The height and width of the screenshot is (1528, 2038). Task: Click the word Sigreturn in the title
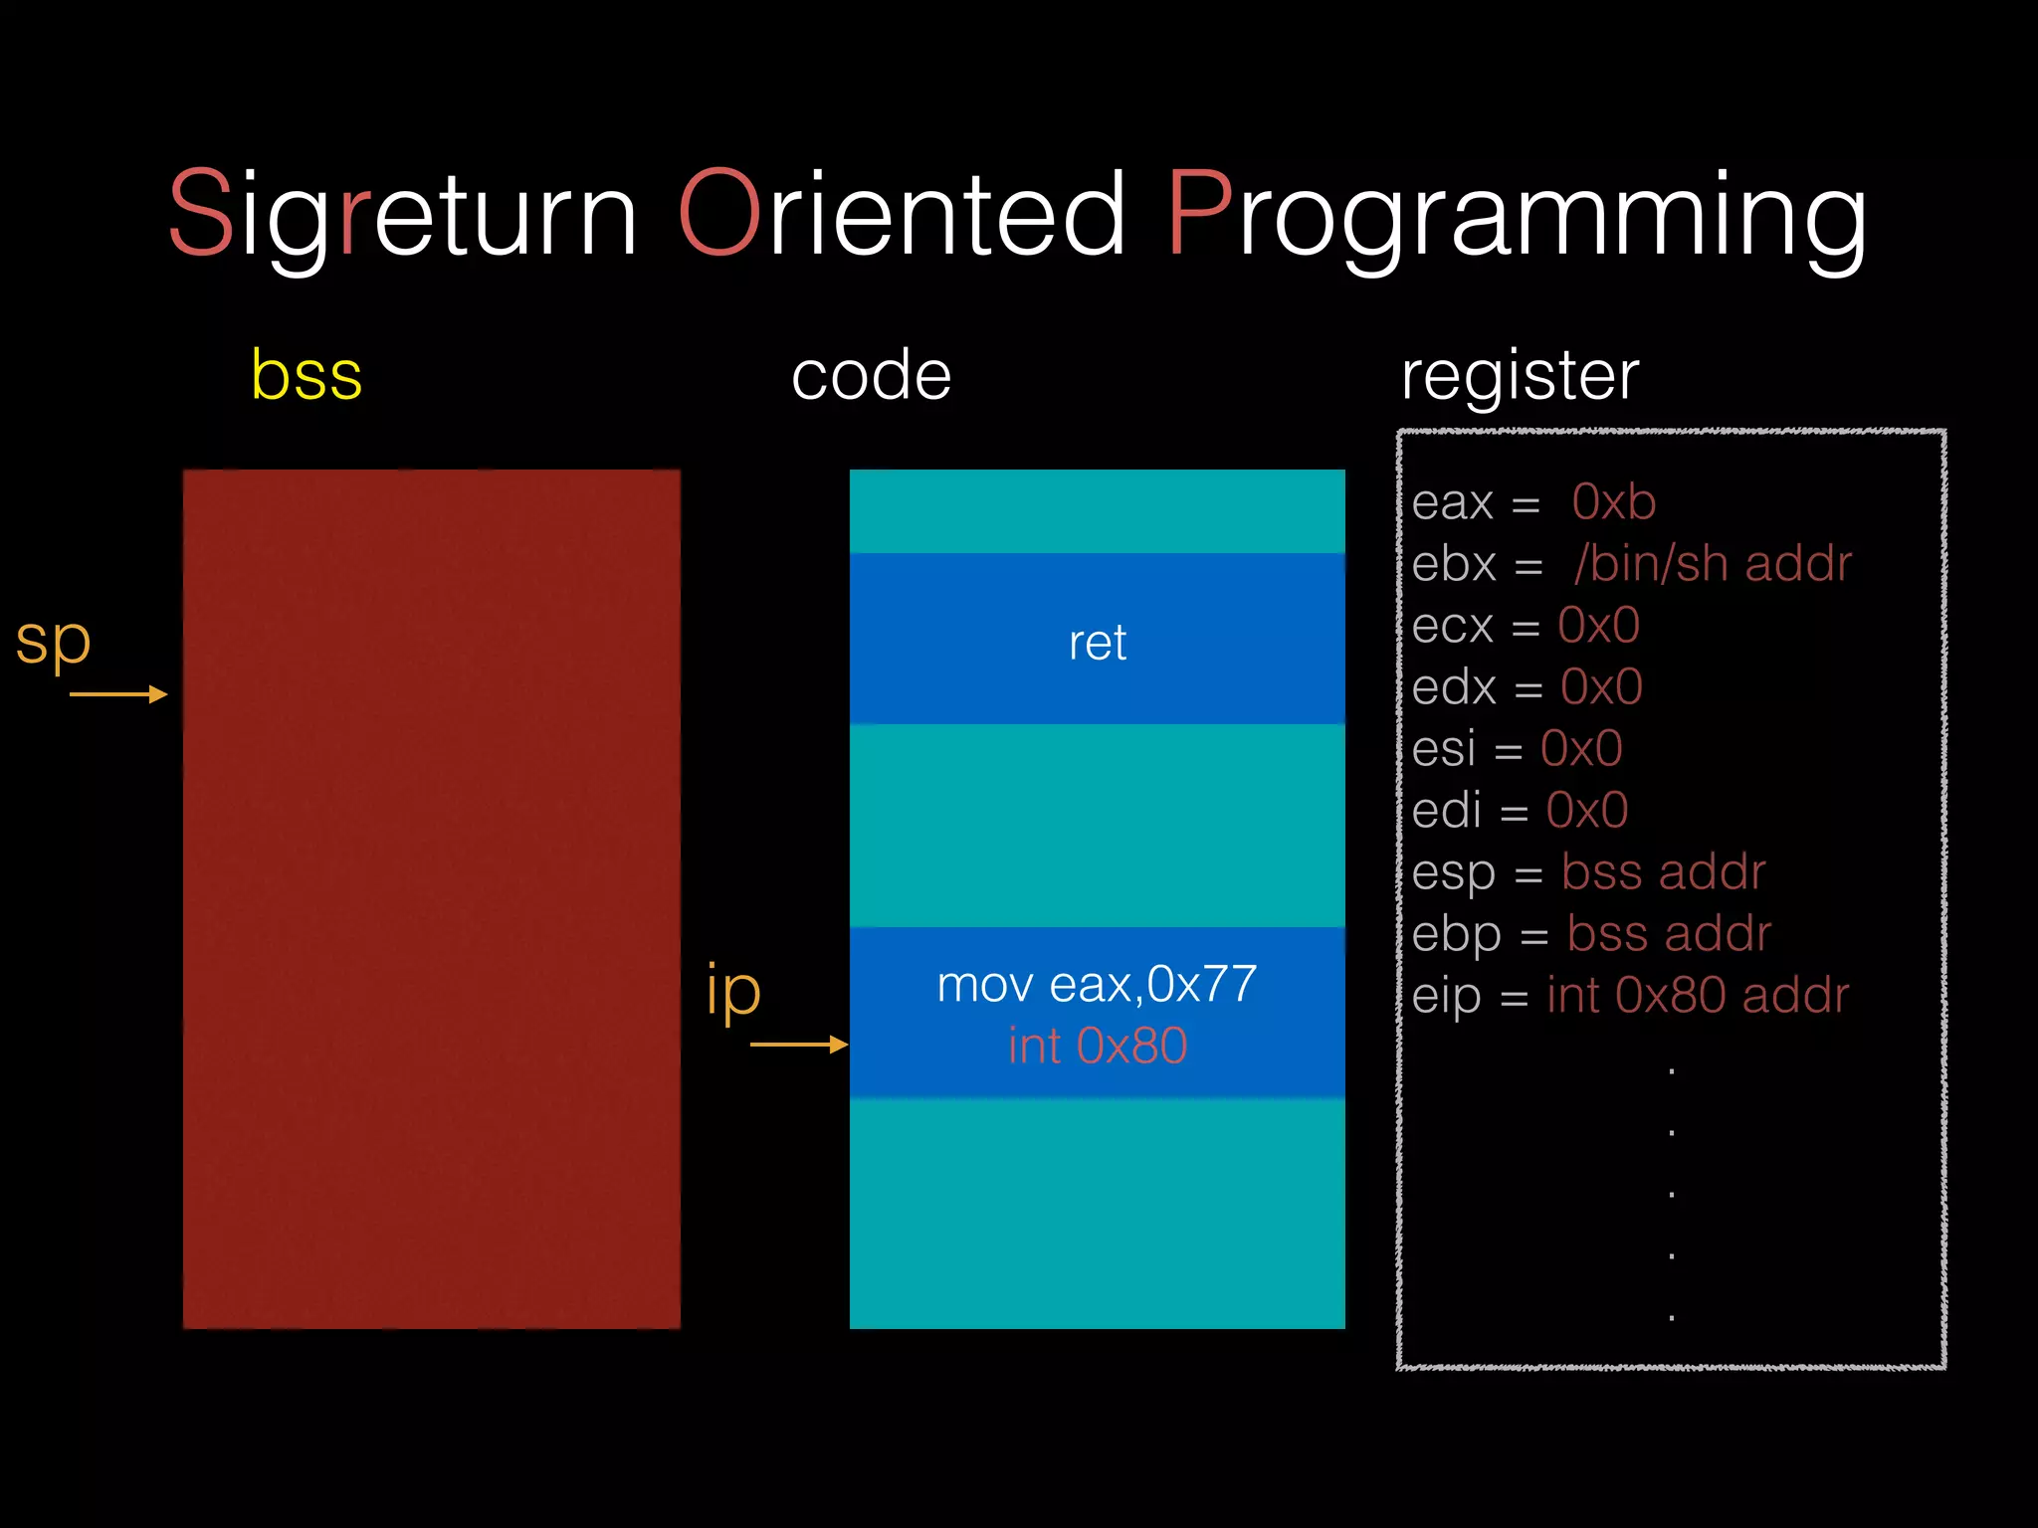coord(402,214)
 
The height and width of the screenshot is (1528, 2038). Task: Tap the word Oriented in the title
coord(901,214)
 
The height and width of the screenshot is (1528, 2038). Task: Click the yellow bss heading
coord(306,376)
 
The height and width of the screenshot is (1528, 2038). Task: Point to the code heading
coord(871,376)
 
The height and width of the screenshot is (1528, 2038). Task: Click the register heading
coord(1520,376)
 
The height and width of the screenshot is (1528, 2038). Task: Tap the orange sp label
coord(53,642)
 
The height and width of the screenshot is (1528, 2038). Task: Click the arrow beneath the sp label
coord(117,694)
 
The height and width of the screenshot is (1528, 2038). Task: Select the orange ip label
coord(733,991)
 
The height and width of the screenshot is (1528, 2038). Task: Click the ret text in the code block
coord(1097,643)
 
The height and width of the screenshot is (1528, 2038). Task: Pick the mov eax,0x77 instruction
coord(1097,985)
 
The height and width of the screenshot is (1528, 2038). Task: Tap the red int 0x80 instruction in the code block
coord(1097,1047)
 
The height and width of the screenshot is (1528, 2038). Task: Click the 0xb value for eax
coord(1613,502)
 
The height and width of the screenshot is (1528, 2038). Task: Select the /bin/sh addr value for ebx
coord(1713,564)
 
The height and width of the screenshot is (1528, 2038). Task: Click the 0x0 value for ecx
coord(1598,626)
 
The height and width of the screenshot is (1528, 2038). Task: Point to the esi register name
coord(1443,749)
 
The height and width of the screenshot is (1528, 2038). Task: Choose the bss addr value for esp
coord(1663,872)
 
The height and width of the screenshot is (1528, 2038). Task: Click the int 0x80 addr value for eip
coord(1697,996)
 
